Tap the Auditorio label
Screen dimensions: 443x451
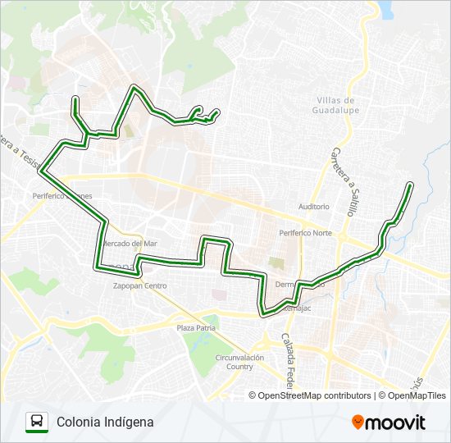314,207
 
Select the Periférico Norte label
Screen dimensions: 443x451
306,233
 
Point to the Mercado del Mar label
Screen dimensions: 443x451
131,244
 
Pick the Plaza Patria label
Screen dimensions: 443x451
195,327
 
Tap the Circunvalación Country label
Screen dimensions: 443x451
239,362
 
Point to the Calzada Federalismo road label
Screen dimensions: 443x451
288,361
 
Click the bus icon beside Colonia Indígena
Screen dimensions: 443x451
37,422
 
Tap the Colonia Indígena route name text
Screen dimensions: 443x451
105,422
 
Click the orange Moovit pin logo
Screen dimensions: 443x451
358,422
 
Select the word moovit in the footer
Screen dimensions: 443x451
397,422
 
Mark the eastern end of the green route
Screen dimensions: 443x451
409,186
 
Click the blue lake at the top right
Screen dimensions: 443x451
384,7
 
